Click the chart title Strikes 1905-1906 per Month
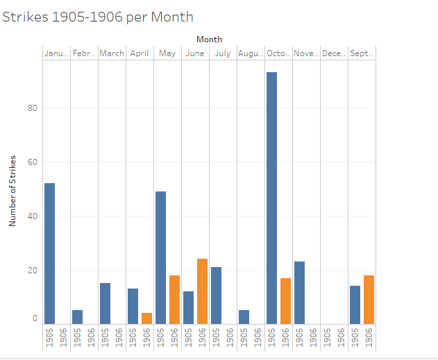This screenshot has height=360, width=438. click(98, 17)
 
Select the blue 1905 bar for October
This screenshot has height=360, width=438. click(271, 198)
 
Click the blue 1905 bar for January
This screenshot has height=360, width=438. click(49, 253)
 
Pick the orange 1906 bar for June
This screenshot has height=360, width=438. click(202, 291)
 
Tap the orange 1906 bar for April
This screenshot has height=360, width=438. click(146, 318)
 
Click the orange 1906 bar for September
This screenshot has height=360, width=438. click(369, 300)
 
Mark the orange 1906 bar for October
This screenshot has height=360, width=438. click(285, 301)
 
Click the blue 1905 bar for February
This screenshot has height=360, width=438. click(77, 317)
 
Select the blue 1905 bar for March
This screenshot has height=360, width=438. click(105, 303)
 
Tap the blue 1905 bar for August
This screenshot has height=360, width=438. click(244, 317)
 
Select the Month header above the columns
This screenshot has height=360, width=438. click(209, 40)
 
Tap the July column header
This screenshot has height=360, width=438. click(223, 53)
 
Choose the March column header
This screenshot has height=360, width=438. click(112, 53)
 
